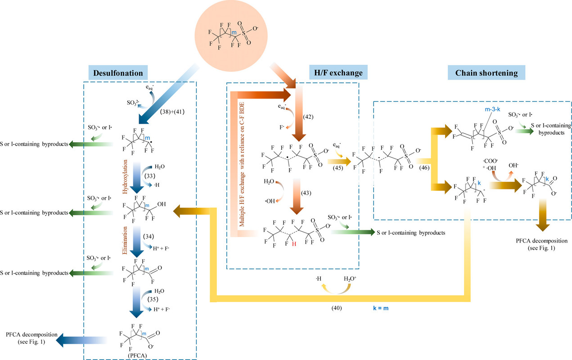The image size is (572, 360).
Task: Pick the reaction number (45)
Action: pos(338,168)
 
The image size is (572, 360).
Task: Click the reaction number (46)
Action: pos(424,168)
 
